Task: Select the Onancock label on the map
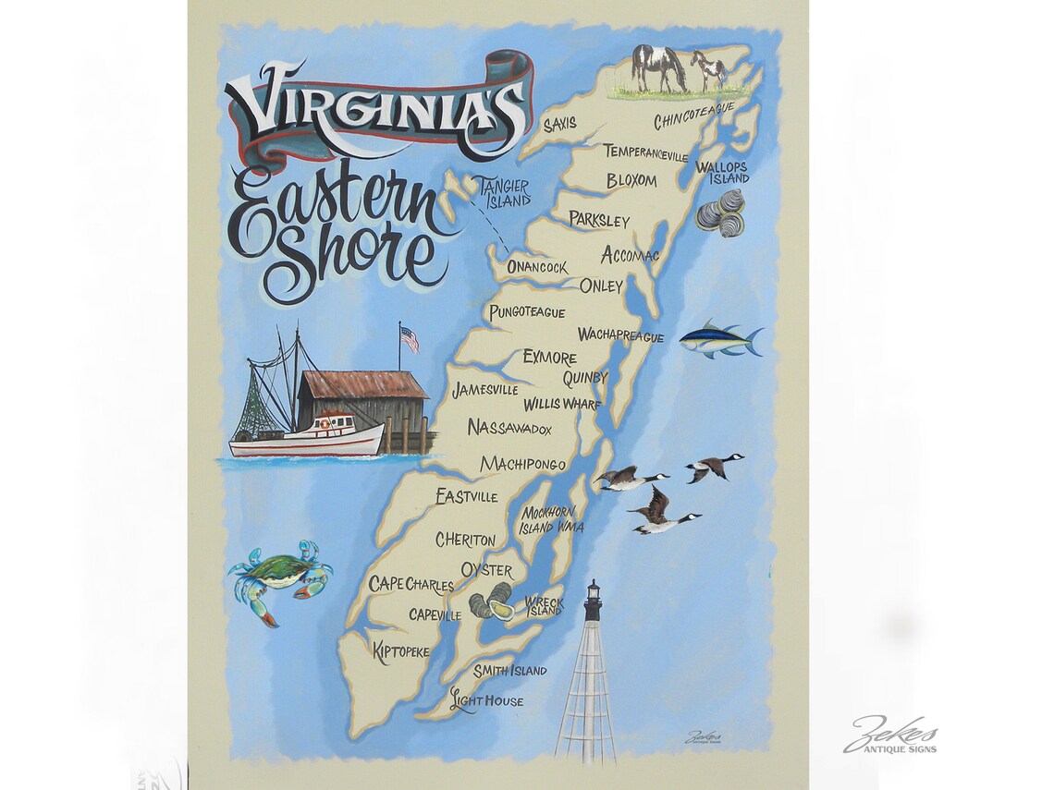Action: pyautogui.click(x=537, y=267)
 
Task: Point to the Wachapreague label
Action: pyautogui.click(x=620, y=335)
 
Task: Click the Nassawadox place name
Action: pyautogui.click(x=509, y=428)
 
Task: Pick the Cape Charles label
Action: pyautogui.click(x=411, y=584)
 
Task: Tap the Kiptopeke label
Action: pyautogui.click(x=400, y=651)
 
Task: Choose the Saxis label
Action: pyautogui.click(x=559, y=123)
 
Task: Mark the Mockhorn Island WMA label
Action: pyautogui.click(x=549, y=519)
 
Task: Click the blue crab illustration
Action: pyautogui.click(x=277, y=577)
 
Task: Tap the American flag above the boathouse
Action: pyautogui.click(x=409, y=339)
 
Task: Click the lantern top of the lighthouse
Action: pyautogui.click(x=592, y=600)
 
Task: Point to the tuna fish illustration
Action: pyautogui.click(x=719, y=341)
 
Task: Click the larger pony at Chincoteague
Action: pyautogui.click(x=659, y=67)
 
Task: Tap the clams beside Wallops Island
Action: pyautogui.click(x=721, y=213)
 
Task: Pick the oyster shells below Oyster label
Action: pyautogui.click(x=491, y=602)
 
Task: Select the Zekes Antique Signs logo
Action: pyautogui.click(x=890, y=736)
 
